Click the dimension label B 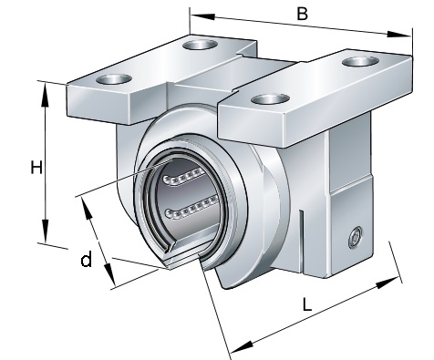coord(302,14)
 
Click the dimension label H coord(36,168)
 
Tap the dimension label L coord(307,304)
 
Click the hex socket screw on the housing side coord(356,237)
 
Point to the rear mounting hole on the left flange coord(201,45)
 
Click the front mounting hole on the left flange coord(114,79)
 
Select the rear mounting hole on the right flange coord(360,62)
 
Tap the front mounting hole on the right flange coord(271,99)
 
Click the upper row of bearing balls coord(183,176)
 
